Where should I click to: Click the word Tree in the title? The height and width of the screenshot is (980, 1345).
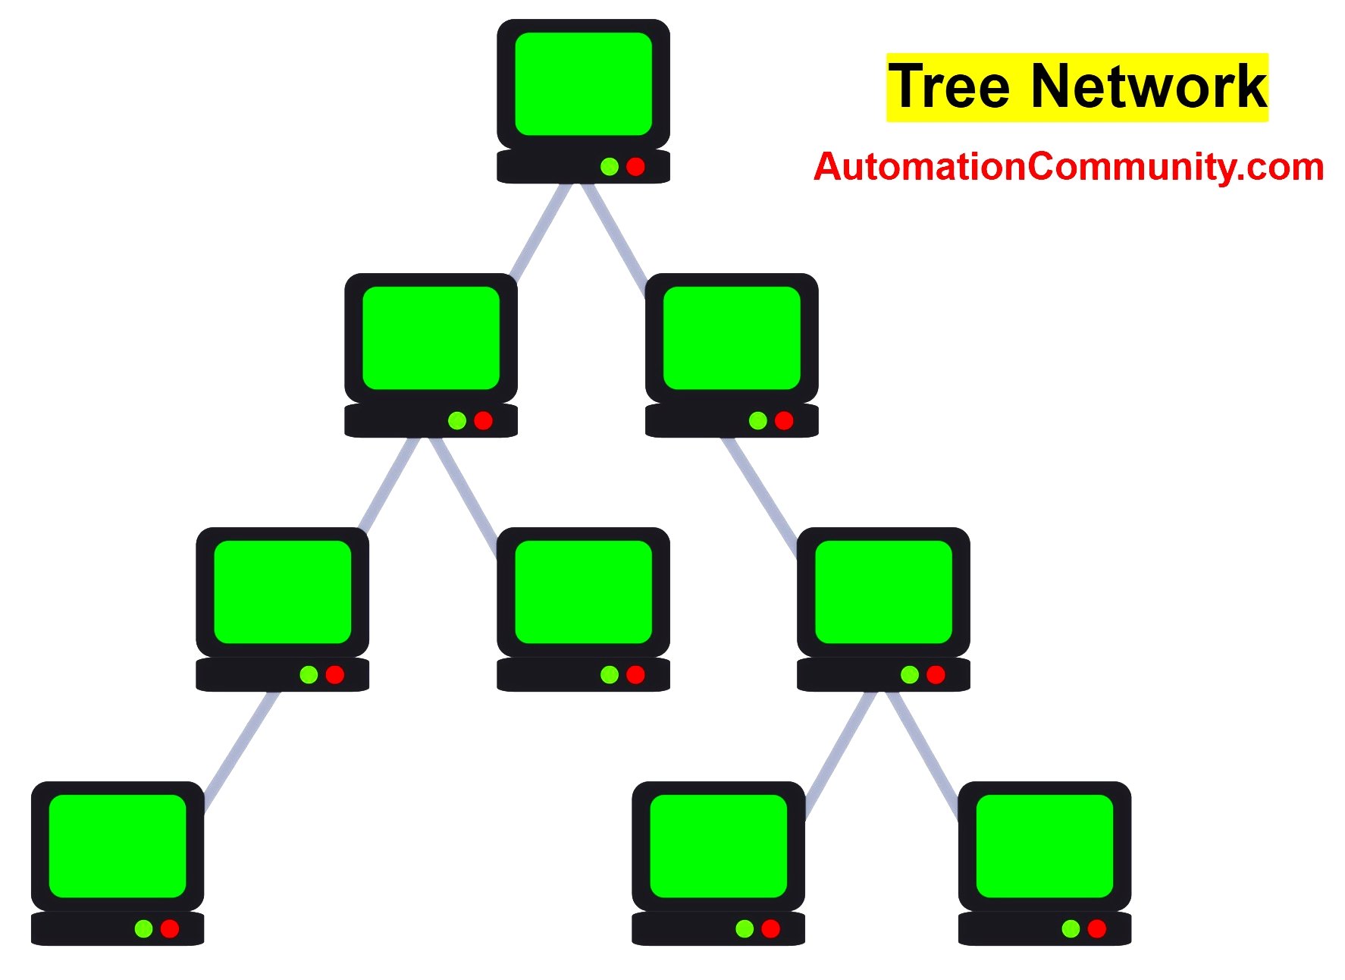[x=949, y=87]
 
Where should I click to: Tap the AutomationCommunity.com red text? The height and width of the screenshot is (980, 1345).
[x=1068, y=167]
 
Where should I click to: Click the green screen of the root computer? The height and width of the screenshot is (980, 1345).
[x=583, y=83]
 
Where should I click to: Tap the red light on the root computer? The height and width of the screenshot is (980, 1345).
[x=635, y=167]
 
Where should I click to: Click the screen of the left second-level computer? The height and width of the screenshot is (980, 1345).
[x=431, y=338]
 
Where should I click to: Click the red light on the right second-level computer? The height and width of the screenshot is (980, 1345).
[x=784, y=420]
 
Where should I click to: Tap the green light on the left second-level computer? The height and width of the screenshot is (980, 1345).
[x=457, y=420]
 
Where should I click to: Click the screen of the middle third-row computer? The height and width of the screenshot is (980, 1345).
[x=583, y=592]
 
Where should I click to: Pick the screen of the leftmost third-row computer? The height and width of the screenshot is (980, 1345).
[x=282, y=592]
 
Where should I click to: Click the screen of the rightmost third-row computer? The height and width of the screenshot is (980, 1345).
[x=883, y=592]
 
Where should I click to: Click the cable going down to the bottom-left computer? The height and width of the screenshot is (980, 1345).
[x=240, y=751]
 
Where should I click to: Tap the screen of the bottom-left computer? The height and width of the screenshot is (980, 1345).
[x=118, y=846]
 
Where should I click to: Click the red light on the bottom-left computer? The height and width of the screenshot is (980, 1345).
[x=170, y=928]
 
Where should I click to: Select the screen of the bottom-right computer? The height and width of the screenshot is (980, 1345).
[x=1044, y=846]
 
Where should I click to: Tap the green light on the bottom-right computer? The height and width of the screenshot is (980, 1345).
[x=1071, y=928]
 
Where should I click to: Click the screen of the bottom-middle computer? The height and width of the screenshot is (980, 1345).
[x=718, y=846]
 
